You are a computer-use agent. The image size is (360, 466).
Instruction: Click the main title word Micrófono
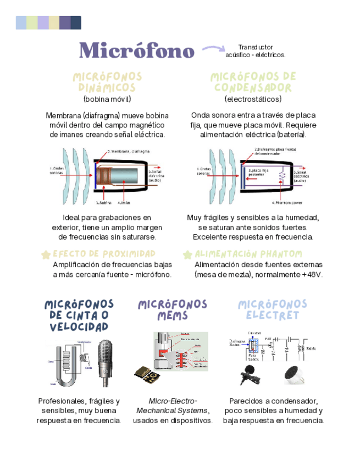(x=137, y=51)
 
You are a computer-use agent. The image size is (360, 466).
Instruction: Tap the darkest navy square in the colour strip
(x=76, y=23)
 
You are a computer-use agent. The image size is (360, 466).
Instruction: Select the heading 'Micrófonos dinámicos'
(x=107, y=82)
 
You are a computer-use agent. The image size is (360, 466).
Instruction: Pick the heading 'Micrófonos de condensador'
(x=253, y=82)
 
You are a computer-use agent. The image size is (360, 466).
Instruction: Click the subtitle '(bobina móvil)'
(x=107, y=99)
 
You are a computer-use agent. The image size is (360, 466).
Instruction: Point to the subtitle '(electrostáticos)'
(x=253, y=99)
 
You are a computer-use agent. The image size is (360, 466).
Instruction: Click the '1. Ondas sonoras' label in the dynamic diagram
(x=57, y=171)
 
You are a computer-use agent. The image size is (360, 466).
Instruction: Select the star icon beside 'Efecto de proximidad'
(x=46, y=254)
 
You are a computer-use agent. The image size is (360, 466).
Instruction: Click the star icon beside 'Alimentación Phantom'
(x=187, y=254)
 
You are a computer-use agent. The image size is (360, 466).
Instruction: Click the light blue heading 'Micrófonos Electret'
(x=273, y=310)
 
